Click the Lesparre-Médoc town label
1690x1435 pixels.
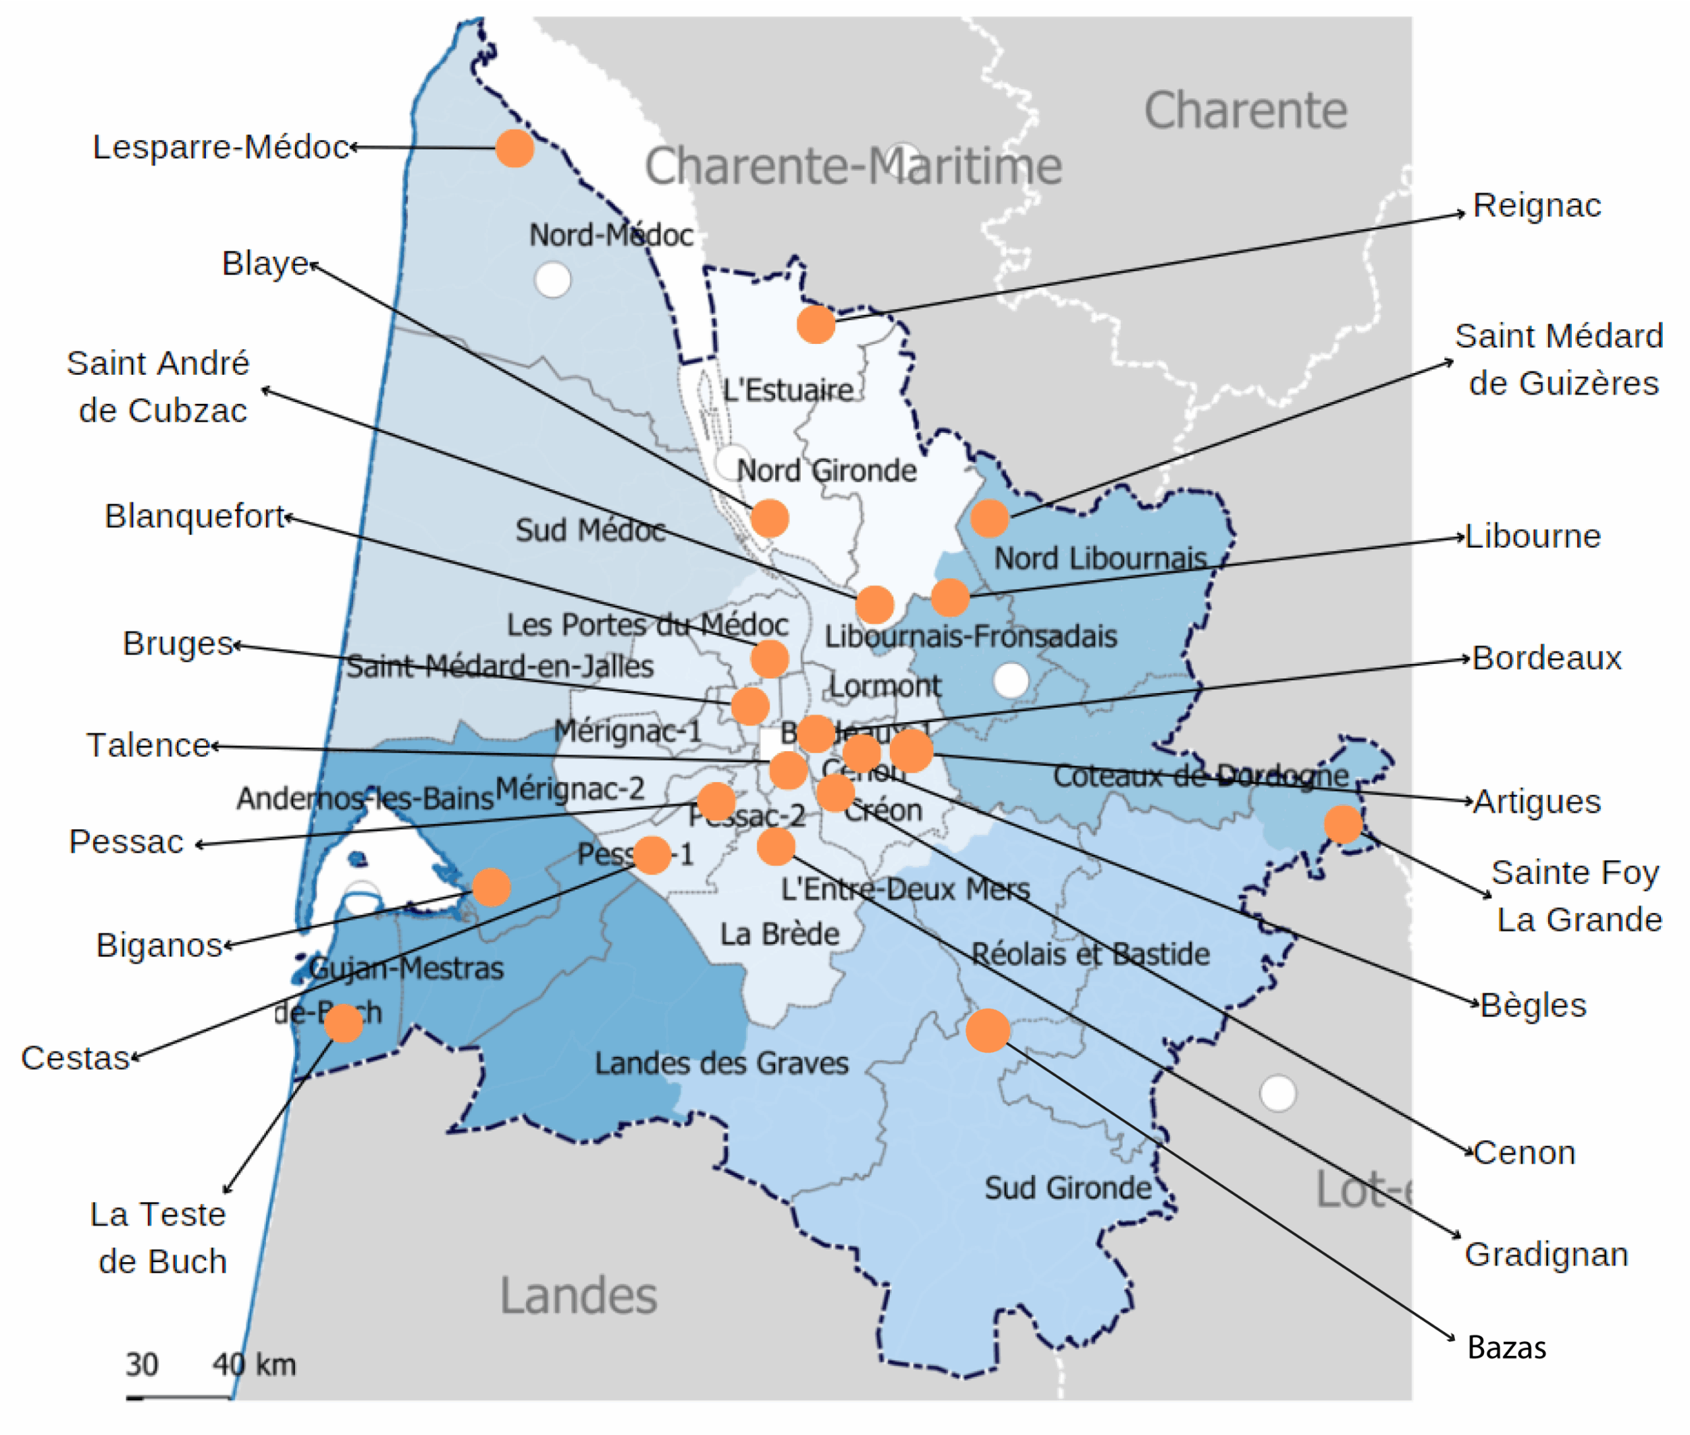pos(220,147)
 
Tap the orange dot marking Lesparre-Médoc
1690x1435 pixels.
pos(514,148)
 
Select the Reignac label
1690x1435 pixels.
pos(1536,205)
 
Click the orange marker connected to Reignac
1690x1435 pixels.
pos(815,325)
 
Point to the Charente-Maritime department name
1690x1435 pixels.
pos(853,166)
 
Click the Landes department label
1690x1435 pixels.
pos(578,1295)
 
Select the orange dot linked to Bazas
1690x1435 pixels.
pos(988,1030)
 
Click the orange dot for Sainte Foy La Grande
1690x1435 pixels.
pos(1343,824)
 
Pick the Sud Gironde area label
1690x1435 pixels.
pos(1067,1187)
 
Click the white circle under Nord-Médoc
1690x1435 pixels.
pos(553,280)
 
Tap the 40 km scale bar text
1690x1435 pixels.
pos(254,1364)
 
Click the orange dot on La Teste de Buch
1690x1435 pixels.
pos(343,1022)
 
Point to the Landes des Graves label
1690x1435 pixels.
pos(721,1063)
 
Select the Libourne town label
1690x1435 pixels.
pos(1533,537)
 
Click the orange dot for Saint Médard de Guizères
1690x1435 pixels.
pos(990,517)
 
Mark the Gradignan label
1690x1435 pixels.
pos(1546,1254)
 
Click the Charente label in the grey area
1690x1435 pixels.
pos(1245,111)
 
